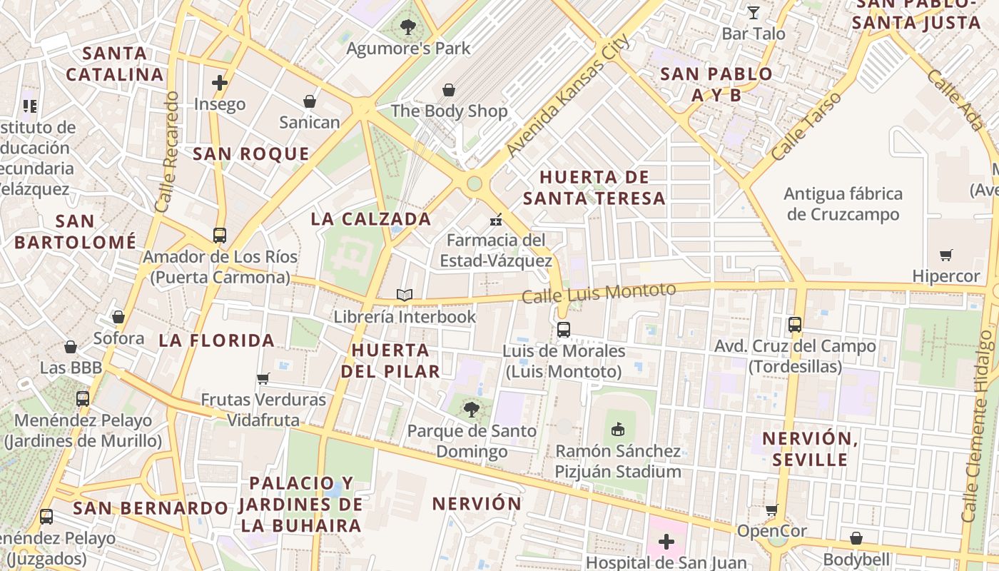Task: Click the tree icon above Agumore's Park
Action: click(x=408, y=27)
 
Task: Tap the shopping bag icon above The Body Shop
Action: click(x=449, y=90)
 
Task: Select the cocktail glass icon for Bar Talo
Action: click(x=754, y=12)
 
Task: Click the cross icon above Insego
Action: click(x=220, y=83)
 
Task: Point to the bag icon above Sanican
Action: click(x=310, y=101)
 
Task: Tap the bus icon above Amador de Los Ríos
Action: click(x=220, y=235)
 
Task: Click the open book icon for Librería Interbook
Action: click(x=405, y=295)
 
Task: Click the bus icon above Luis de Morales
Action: click(x=564, y=329)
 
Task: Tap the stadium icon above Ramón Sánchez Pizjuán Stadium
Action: click(x=618, y=429)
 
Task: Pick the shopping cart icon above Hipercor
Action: click(x=946, y=255)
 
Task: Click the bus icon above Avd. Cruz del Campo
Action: click(x=795, y=324)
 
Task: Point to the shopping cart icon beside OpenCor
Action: click(x=771, y=510)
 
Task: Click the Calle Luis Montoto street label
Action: click(x=599, y=293)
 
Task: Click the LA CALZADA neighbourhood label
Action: click(x=371, y=219)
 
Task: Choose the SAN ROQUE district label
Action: click(x=251, y=154)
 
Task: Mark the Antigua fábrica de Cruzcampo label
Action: click(x=843, y=204)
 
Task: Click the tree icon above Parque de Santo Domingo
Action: click(x=471, y=409)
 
